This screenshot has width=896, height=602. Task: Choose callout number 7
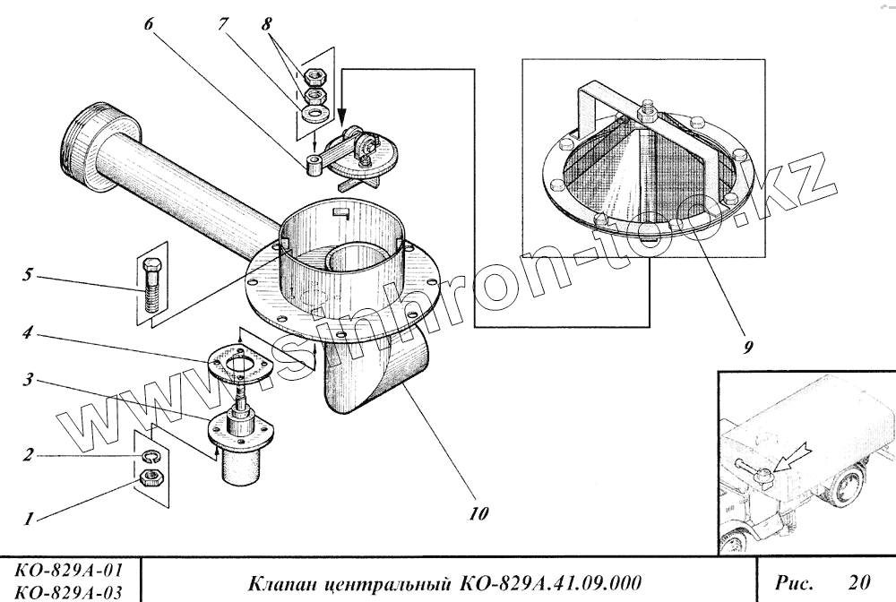(220, 24)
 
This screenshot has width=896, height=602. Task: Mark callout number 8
(266, 24)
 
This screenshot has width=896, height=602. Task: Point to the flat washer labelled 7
(314, 114)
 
